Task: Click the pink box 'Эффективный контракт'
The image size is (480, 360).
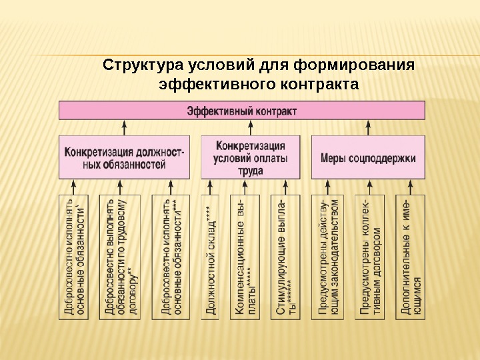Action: (x=242, y=111)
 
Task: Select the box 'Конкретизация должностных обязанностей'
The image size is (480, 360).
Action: (x=125, y=157)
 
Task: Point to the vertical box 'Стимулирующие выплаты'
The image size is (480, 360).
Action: (x=288, y=256)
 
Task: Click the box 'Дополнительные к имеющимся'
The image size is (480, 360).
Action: (x=411, y=256)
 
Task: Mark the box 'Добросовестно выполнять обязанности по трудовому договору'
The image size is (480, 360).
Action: (x=121, y=256)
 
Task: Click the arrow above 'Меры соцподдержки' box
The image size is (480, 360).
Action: (x=368, y=127)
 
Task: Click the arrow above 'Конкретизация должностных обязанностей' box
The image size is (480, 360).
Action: (x=125, y=127)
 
